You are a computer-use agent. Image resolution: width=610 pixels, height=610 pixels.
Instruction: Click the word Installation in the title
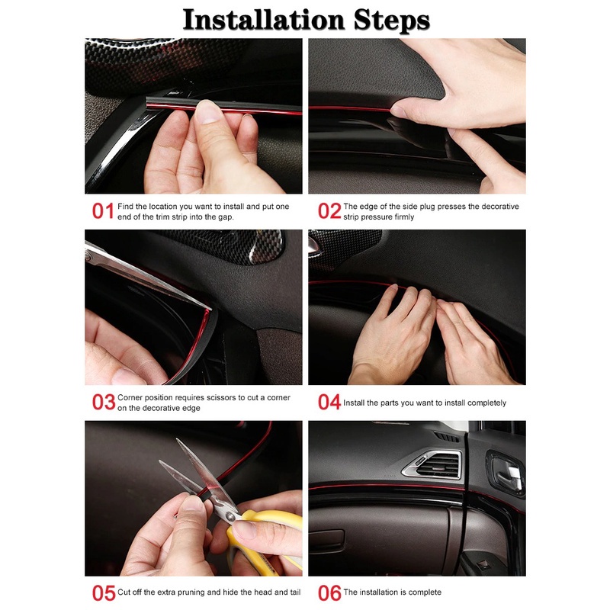(264, 20)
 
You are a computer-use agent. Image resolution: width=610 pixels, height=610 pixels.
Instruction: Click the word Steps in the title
(392, 21)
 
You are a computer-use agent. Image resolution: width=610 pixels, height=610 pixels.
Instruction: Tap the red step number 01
(103, 211)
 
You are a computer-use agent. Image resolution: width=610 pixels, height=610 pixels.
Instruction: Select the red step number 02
(329, 211)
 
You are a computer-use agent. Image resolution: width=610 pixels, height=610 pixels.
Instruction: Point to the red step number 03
(104, 403)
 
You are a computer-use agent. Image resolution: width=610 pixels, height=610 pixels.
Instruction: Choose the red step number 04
(329, 403)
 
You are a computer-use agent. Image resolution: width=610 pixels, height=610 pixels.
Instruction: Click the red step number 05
(104, 593)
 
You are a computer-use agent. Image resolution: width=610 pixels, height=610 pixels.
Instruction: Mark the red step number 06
(329, 593)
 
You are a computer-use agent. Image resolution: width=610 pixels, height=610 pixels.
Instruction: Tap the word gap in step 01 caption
(226, 217)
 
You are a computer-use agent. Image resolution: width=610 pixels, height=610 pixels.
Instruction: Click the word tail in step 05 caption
(295, 592)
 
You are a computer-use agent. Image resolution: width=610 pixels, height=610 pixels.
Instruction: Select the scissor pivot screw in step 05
(230, 516)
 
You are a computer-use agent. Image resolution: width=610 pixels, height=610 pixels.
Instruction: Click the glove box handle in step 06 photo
(326, 537)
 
